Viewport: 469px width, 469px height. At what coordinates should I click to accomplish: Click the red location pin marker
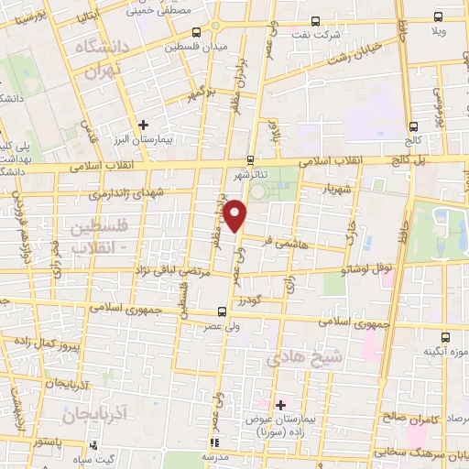(236, 215)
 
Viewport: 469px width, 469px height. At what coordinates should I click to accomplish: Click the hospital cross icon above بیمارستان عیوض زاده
(280, 404)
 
